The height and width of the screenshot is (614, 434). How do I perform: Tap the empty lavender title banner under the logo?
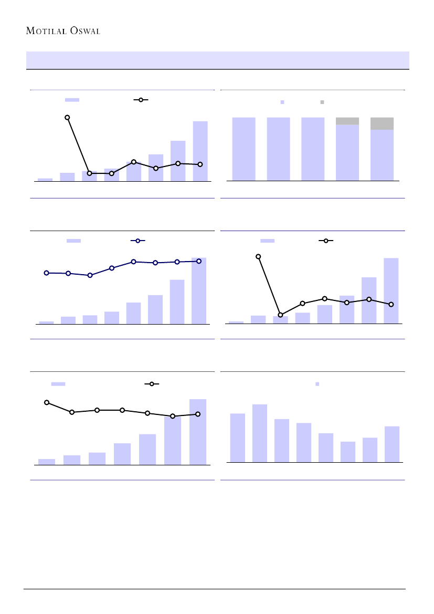217,60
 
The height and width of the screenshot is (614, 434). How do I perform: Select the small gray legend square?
322,102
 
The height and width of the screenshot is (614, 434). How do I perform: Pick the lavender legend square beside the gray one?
282,102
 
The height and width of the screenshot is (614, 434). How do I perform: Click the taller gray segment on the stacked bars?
382,123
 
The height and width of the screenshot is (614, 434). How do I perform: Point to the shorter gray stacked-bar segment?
347,121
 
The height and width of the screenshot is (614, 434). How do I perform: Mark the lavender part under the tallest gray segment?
382,155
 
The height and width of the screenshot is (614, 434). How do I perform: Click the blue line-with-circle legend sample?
137,241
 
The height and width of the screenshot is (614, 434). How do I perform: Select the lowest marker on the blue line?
90,275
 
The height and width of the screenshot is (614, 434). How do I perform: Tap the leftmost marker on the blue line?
46,273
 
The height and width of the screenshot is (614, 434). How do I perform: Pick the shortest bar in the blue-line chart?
46,322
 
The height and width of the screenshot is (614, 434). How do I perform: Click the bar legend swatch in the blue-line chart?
73,241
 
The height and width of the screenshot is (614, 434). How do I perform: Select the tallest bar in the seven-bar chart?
198,432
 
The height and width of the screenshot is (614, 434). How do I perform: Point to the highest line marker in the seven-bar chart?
47,402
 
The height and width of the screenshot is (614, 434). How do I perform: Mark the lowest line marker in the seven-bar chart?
173,416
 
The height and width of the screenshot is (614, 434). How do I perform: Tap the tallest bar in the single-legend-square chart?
260,433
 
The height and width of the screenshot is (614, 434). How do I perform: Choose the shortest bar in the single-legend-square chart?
348,452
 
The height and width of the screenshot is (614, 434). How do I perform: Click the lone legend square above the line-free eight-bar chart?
317,384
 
